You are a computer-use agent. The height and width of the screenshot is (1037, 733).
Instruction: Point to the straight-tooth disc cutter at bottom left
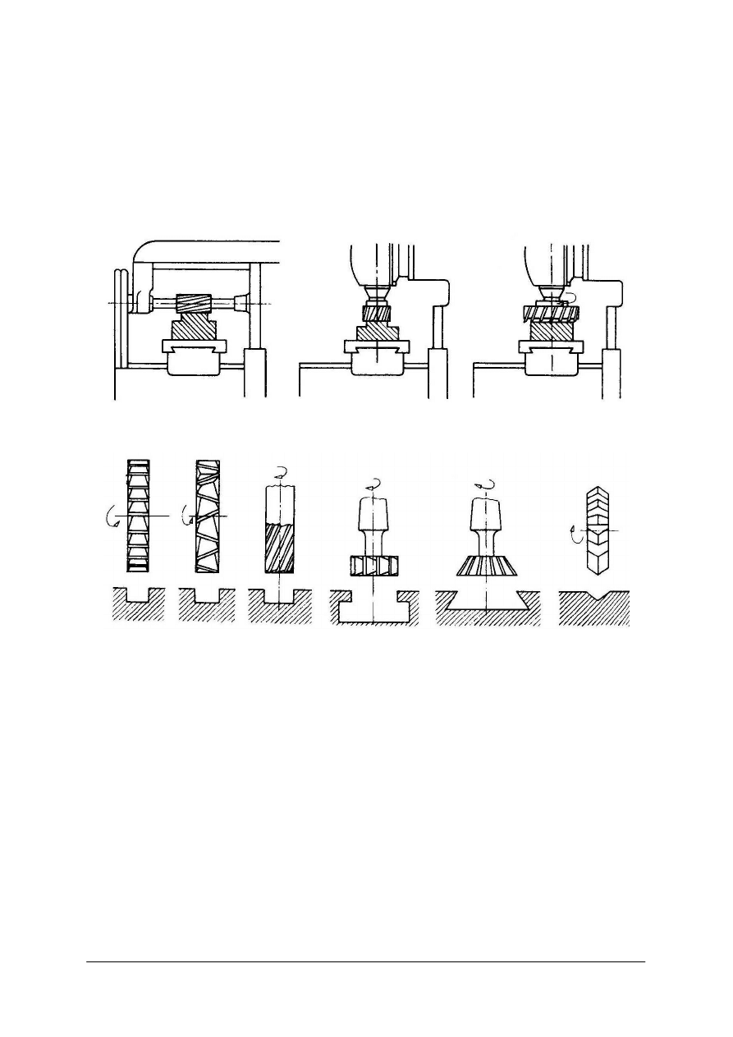pos(138,516)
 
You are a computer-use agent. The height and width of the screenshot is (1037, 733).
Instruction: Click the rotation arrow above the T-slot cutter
pos(374,484)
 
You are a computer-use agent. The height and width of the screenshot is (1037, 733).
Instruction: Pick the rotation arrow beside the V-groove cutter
pos(584,535)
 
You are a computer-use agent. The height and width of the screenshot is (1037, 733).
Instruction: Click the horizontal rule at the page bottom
pos(366,962)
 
